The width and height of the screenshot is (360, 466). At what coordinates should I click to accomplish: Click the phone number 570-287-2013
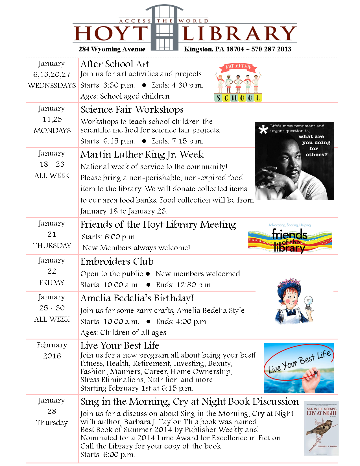271,49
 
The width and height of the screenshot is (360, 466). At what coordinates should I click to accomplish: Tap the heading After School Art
115,64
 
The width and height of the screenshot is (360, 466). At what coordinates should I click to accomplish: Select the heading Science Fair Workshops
132,110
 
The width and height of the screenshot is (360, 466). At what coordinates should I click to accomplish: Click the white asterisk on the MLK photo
263,129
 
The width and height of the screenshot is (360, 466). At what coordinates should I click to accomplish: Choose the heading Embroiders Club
117,262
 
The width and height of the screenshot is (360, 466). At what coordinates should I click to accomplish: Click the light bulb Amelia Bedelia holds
308,301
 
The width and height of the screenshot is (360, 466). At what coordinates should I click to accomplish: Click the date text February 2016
52,350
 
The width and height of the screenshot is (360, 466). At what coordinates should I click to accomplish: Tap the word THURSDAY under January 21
52,245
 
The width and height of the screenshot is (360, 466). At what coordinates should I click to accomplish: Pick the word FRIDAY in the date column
52,282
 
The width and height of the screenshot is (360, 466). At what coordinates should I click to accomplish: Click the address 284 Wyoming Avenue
112,49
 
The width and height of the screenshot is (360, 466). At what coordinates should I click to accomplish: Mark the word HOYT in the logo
111,34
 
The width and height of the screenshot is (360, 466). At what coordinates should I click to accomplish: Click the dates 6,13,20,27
52,74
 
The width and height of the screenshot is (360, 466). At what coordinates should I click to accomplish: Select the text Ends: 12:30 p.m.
184,285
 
